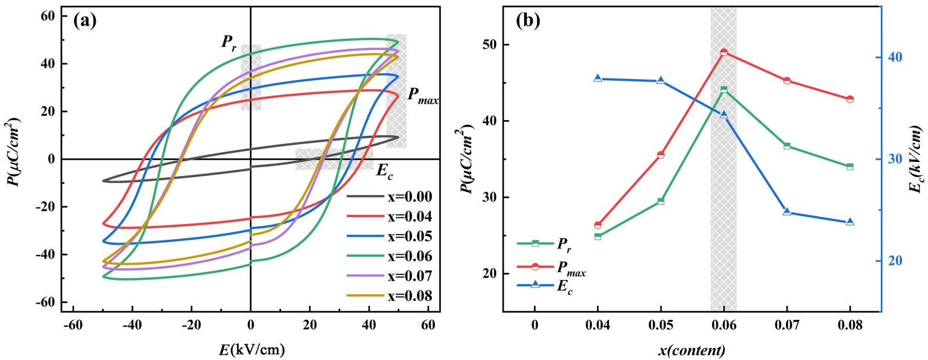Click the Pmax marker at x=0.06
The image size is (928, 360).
coord(724,52)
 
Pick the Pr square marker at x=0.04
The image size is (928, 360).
coord(598,236)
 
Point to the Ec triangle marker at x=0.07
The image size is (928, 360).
coord(787,212)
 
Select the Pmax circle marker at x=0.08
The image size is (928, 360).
coord(850,99)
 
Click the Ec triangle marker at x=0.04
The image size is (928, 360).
coord(598,78)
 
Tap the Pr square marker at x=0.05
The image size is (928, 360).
coord(660,201)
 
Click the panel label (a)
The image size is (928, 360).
coord(85,21)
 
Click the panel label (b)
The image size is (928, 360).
coord(528,21)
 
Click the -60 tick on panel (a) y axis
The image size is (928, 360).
coord(48,302)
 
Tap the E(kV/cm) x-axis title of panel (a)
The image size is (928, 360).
coord(251,349)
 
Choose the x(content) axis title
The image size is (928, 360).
coord(691,350)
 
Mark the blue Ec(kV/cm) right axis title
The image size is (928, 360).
coord(916,159)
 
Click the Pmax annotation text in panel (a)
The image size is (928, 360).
coord(423,96)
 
